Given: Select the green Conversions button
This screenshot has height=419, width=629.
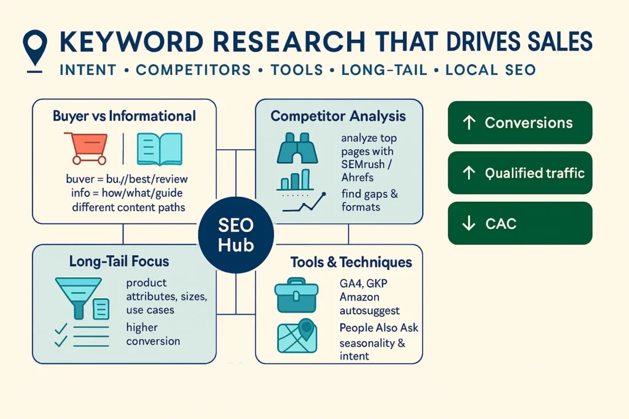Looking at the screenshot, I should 520,123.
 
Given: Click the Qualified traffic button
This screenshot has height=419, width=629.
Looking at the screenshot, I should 520,173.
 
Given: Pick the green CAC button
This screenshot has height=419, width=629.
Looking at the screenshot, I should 520,223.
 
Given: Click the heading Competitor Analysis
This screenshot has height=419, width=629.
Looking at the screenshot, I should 338,115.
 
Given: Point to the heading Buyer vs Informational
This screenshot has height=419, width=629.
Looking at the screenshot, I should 124,115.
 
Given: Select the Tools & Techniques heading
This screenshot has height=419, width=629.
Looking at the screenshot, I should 351,262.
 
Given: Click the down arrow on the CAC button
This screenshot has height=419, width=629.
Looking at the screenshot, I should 469,224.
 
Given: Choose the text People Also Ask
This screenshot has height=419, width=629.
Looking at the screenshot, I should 378,328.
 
